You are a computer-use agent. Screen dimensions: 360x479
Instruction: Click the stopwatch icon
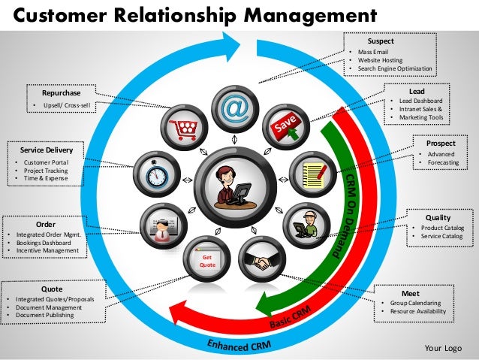pos(157,174)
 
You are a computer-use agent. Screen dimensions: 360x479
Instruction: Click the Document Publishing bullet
pos(44,316)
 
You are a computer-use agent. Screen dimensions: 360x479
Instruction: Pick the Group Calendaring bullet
pos(416,303)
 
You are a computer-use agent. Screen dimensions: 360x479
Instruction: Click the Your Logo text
pos(442,348)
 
